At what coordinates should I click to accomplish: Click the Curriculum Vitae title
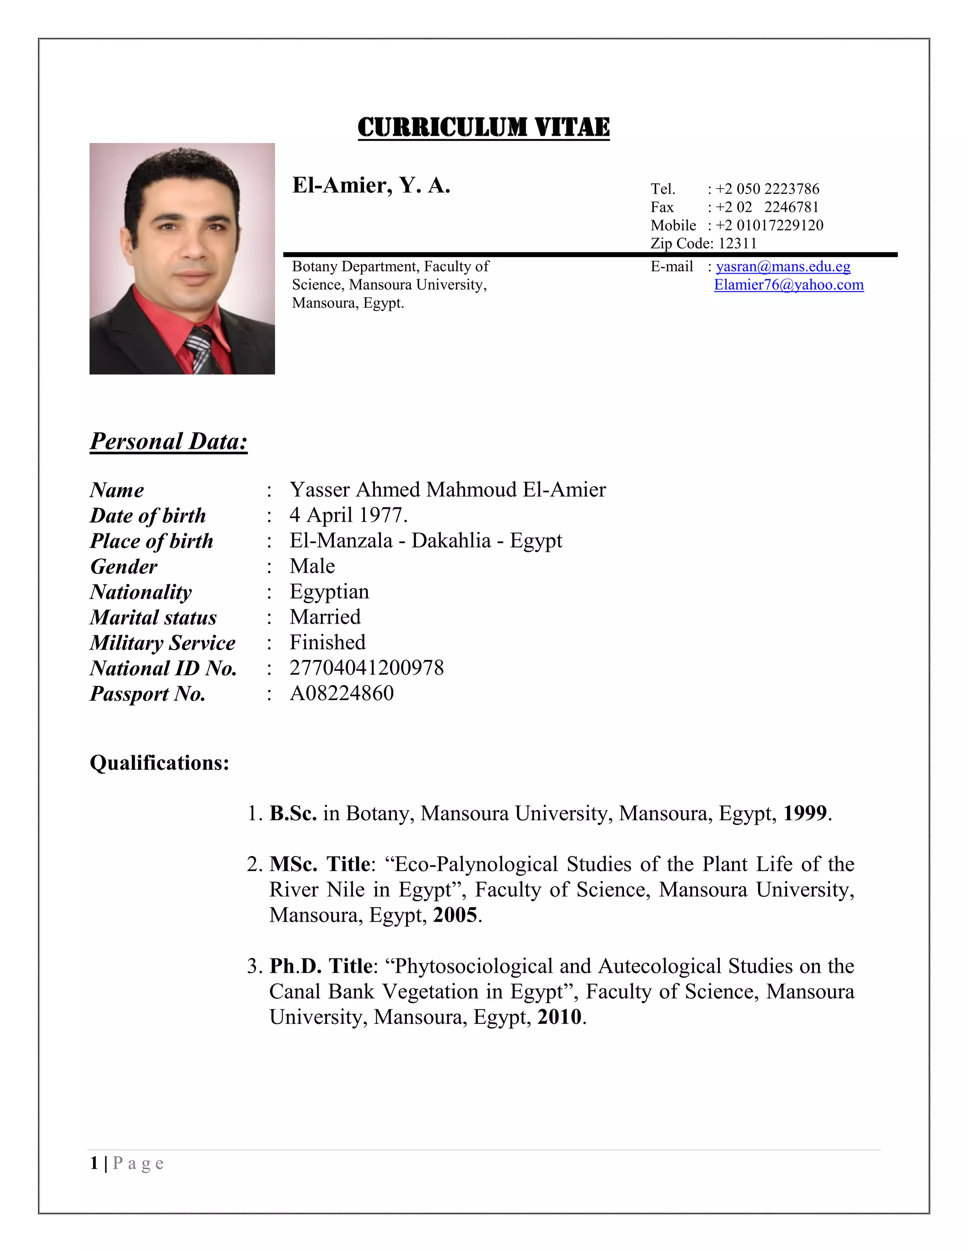coord(484,127)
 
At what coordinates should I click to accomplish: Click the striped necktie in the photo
coord(201,350)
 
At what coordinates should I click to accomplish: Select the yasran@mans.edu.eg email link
coord(783,266)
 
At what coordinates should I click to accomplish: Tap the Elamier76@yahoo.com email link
coord(788,285)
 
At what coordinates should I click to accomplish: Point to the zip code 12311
coord(737,244)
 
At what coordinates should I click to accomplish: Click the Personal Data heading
coord(169,441)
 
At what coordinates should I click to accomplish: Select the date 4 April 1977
coord(348,515)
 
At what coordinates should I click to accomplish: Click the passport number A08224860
coord(342,693)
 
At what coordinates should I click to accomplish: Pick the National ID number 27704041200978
coord(366,668)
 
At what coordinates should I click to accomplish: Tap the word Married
coord(325,617)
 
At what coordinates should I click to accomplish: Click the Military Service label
coord(162,643)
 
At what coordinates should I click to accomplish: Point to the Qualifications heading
coord(159,763)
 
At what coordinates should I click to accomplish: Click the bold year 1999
coord(805,814)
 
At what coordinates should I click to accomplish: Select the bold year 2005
coord(455,915)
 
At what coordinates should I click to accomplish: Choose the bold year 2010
coord(559,1017)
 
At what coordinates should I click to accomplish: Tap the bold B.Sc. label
coord(293,814)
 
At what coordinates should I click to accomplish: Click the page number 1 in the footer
coord(94,1163)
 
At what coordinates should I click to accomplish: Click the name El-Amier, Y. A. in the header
coord(371,185)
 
